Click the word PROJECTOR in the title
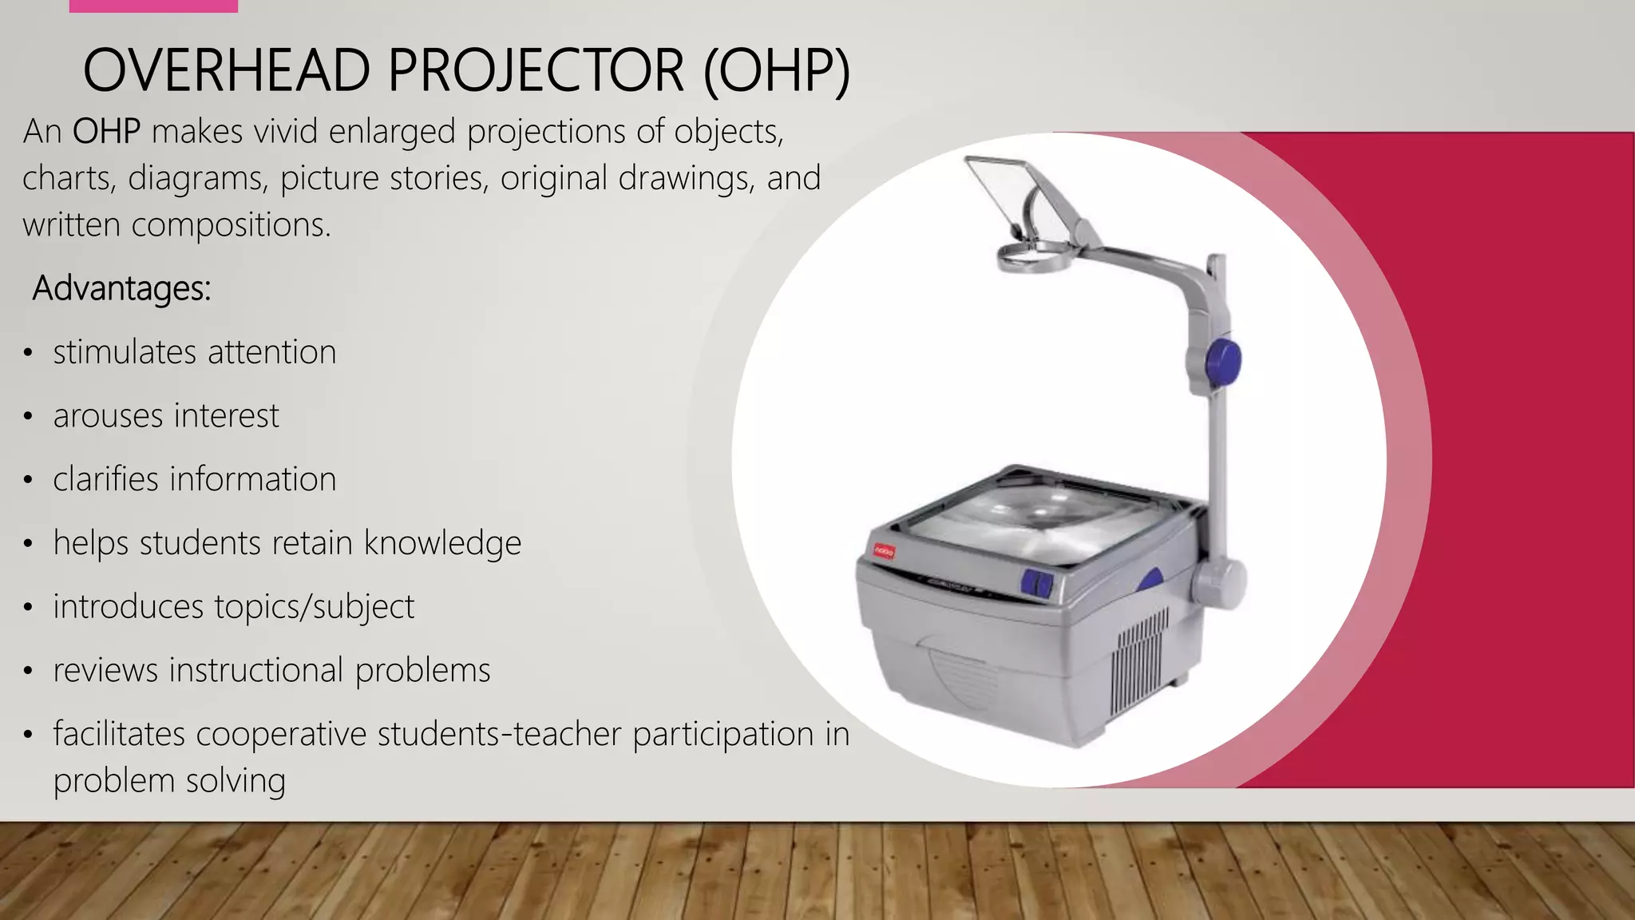pos(536,70)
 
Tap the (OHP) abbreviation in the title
pos(777,70)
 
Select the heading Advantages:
pos(121,288)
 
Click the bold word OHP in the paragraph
pos(106,132)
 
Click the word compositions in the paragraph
pos(230,225)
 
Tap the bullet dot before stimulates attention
pos(28,353)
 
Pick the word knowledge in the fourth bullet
pos(442,544)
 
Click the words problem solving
pos(169,781)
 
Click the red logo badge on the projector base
pos(885,551)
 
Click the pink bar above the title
pos(153,6)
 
